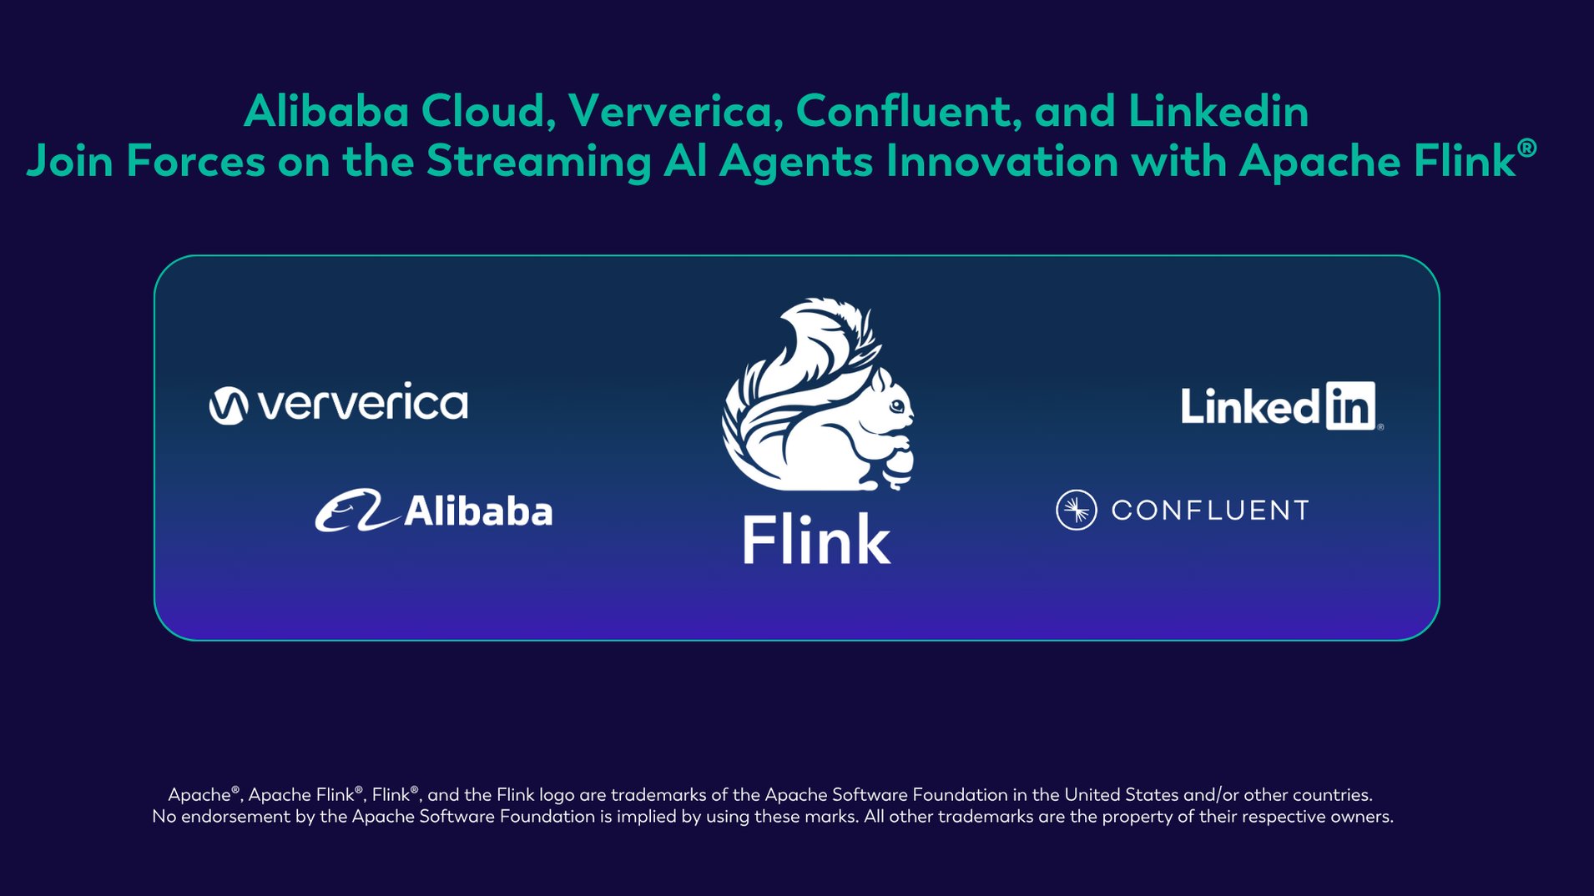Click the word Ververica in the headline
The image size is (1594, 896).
click(674, 111)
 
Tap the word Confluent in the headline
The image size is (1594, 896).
click(908, 111)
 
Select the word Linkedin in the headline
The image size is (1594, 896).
click(1218, 111)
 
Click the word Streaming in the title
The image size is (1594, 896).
click(538, 161)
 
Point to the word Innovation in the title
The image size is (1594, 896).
click(1001, 161)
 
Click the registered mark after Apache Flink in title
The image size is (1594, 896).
click(1526, 148)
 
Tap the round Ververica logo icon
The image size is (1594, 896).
click(228, 406)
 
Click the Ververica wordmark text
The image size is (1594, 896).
click(363, 405)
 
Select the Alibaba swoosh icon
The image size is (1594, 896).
click(355, 511)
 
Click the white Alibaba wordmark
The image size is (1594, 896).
click(478, 511)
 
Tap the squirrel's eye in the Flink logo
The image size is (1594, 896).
click(896, 406)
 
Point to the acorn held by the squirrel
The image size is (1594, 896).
click(900, 466)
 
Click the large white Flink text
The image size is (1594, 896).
click(816, 540)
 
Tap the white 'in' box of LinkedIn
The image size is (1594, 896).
click(1350, 406)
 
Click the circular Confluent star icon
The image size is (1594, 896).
click(1077, 510)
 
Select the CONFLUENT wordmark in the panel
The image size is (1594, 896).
click(1209, 510)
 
